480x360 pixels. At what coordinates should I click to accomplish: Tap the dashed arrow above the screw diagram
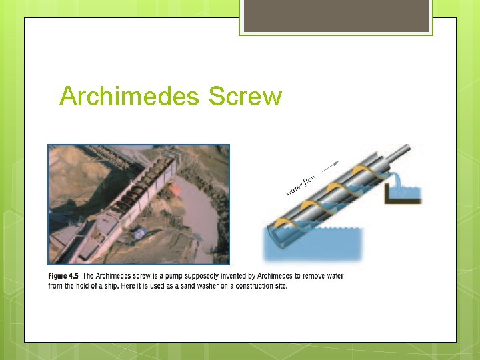coord(329,165)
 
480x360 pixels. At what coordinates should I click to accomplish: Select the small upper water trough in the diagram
coord(403,195)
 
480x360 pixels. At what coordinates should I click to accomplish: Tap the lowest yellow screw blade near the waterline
coord(281,223)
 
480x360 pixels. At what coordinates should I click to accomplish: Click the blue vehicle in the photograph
coord(139,233)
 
